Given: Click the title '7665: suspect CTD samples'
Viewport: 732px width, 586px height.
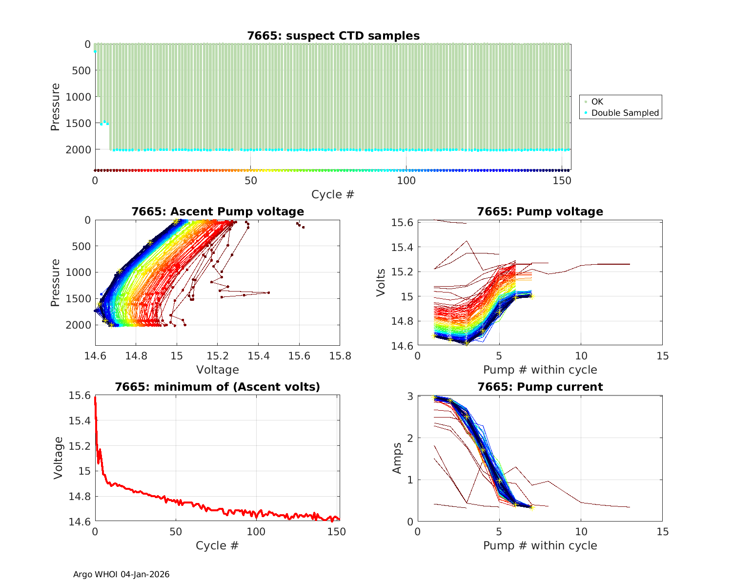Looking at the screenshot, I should point(333,36).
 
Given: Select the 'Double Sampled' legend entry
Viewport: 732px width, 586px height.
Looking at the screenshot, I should point(625,113).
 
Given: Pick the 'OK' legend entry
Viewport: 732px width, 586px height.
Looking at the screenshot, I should point(597,102).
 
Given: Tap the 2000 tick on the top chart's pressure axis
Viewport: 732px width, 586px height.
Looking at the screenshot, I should point(78,149).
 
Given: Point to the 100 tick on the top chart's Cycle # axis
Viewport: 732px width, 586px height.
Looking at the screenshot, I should point(406,180).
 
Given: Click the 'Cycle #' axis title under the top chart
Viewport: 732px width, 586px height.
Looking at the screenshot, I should point(333,194).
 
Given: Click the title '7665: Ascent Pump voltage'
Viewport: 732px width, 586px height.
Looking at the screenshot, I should point(218,211).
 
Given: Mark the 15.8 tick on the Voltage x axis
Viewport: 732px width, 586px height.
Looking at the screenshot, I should point(340,356).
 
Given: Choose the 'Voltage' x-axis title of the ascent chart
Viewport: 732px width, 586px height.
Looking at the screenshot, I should point(218,370).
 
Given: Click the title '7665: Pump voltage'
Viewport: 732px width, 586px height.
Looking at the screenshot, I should point(540,211).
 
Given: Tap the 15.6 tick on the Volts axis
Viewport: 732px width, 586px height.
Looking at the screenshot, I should point(402,223).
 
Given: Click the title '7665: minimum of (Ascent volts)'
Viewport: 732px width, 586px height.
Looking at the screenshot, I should point(218,387).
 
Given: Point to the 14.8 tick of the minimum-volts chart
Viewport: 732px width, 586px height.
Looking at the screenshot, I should point(79,497).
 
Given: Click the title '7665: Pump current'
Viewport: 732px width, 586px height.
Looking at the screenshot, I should point(540,387).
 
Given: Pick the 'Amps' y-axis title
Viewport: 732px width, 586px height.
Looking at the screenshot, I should point(397,458).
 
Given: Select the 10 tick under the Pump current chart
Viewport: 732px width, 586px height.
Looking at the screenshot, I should point(581,531).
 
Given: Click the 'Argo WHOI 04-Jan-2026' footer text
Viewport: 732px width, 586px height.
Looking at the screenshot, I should point(122,574).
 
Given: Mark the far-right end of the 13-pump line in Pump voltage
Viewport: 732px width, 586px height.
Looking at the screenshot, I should point(630,264).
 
